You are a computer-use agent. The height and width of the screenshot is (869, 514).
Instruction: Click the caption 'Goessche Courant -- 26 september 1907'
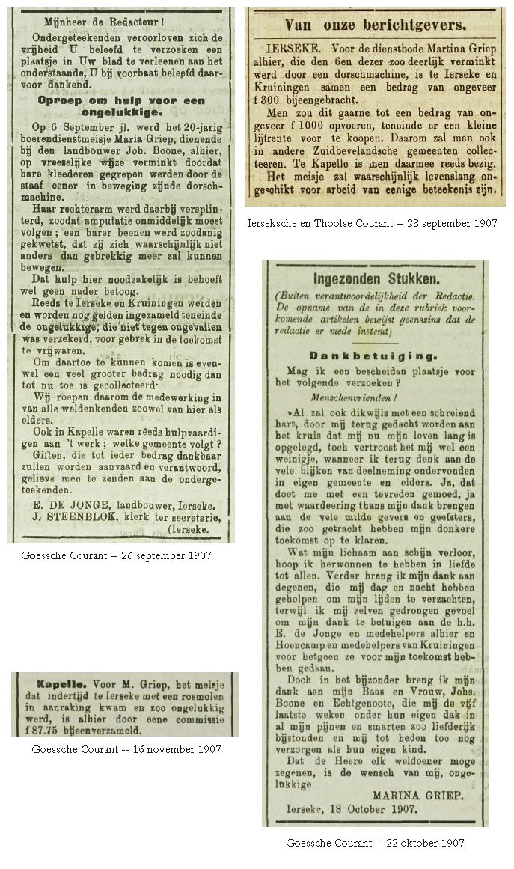point(118,556)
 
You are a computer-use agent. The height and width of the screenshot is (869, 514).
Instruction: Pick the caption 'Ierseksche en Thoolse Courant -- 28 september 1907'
point(371,224)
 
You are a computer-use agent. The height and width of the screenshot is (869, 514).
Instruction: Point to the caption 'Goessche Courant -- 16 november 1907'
point(126,749)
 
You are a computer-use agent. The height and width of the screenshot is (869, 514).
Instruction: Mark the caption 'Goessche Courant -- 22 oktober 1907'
point(375,844)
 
